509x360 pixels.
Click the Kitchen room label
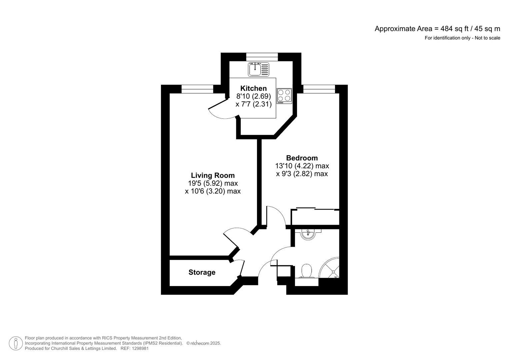253,88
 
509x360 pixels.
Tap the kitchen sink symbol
258,70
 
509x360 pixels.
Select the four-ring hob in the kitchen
284,96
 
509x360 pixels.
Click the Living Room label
213,175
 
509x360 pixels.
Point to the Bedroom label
302,158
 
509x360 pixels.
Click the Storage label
202,272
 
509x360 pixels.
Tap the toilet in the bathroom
306,271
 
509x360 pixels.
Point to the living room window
197,89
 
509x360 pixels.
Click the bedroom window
319,89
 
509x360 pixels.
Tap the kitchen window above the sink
262,57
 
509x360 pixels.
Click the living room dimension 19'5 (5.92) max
213,183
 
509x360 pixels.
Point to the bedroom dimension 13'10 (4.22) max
302,166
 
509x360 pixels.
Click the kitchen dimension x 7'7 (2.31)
253,104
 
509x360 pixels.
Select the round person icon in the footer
16,343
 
